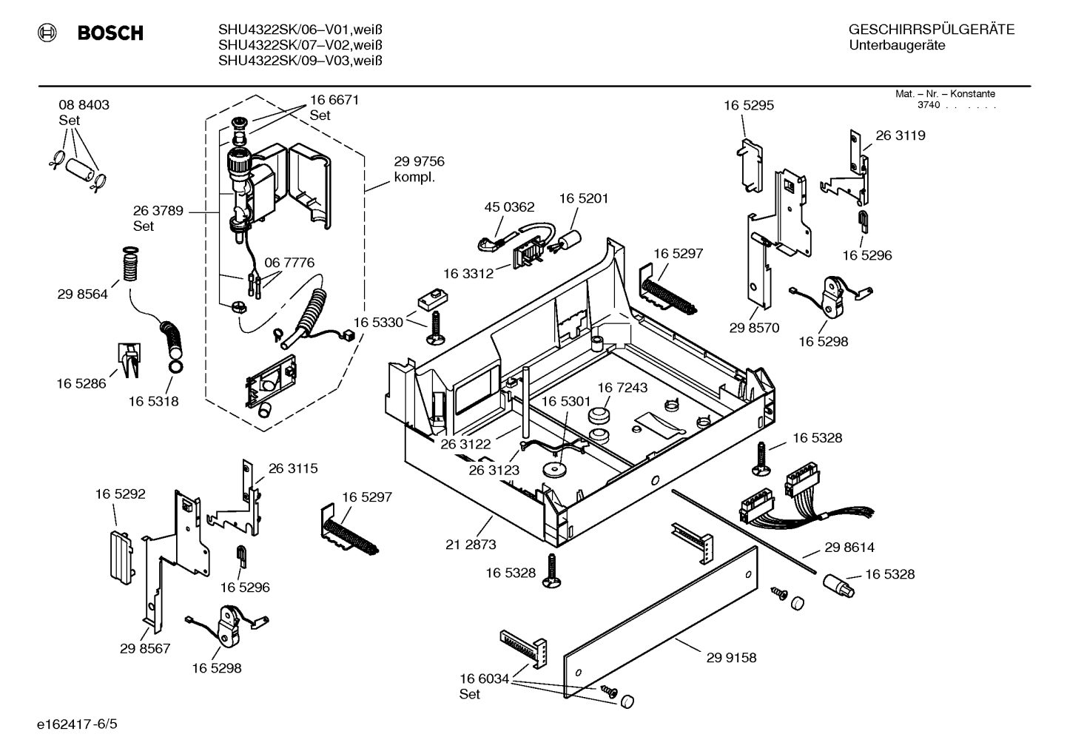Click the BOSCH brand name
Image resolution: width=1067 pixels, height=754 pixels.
point(110,33)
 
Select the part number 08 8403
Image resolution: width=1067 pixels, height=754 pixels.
point(84,105)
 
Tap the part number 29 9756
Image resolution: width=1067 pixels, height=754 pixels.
point(419,161)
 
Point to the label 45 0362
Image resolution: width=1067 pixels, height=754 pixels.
point(509,206)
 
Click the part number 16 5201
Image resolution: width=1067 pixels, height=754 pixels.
point(584,198)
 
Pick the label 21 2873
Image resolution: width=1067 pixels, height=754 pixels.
point(471,544)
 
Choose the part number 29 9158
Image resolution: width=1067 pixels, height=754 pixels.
point(731,657)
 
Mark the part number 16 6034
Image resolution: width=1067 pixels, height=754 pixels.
point(485,679)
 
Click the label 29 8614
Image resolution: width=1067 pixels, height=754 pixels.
point(849,548)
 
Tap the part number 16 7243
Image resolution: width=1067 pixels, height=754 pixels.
point(622,388)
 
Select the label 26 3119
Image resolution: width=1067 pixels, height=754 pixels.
point(901,135)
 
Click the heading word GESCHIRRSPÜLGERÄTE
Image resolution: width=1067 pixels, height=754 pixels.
point(932,30)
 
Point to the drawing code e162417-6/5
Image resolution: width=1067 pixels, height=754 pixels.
point(77,724)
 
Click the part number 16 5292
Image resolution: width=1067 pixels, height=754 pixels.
point(120,494)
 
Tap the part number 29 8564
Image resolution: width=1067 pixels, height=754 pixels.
point(82,294)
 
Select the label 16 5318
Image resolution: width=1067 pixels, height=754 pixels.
point(153,401)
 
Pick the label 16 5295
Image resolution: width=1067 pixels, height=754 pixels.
point(749,105)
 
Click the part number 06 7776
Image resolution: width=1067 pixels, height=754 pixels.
point(289,263)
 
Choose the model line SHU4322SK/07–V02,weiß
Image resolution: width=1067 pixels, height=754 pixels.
point(300,45)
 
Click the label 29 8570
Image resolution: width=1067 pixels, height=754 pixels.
point(754,328)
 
